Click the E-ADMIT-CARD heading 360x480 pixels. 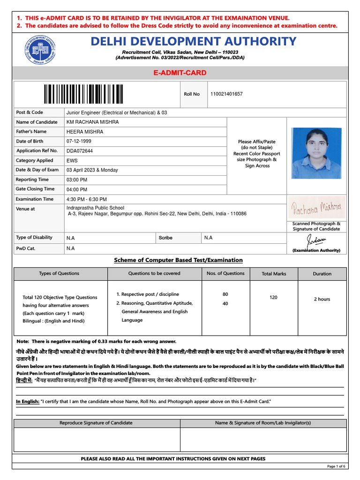click(x=180, y=73)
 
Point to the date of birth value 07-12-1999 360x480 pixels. click(x=79, y=141)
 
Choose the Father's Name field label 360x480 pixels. click(x=31, y=132)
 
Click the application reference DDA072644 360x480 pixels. click(x=80, y=151)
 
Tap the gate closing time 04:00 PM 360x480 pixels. click(x=77, y=189)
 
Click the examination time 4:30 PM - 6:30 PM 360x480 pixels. click(x=87, y=199)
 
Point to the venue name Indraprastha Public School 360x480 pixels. click(x=96, y=208)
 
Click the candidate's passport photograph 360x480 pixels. click(x=316, y=153)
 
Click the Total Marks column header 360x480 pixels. click(x=274, y=274)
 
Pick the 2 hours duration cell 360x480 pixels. click(x=322, y=299)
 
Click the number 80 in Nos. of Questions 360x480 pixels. click(x=225, y=294)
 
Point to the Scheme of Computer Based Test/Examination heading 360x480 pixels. click(x=179, y=260)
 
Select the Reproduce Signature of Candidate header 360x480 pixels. click(x=96, y=423)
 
